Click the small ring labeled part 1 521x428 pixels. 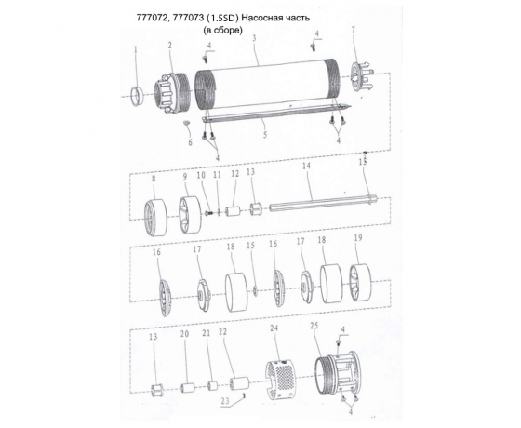[x=136, y=97]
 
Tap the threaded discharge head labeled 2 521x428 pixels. [x=172, y=93]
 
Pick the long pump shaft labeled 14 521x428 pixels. [x=323, y=204]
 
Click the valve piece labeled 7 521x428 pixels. [x=362, y=77]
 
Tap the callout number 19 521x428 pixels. [x=358, y=238]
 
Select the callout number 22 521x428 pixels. [x=222, y=331]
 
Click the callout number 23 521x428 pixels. [x=225, y=401]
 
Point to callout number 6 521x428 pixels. [x=190, y=142]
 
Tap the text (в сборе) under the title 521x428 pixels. [x=222, y=30]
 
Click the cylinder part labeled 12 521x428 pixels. [x=233, y=212]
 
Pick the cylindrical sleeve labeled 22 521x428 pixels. [x=240, y=382]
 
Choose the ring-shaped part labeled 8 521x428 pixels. [x=155, y=218]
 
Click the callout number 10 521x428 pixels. [x=201, y=176]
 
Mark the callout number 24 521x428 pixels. [x=274, y=328]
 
